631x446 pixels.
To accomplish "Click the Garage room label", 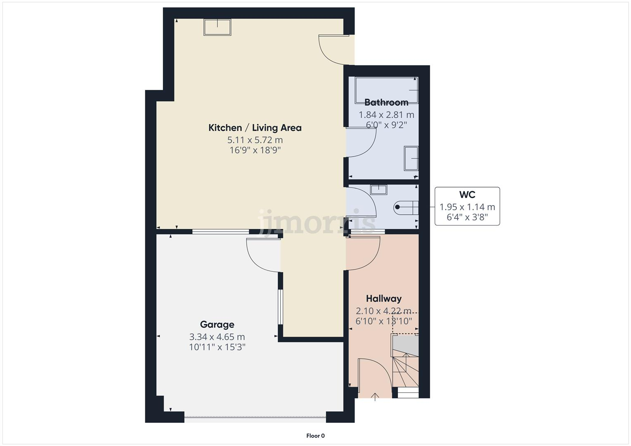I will click(x=217, y=325).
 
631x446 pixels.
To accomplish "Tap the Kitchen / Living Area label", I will click(x=255, y=128).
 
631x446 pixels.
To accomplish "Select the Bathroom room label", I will click(x=386, y=102).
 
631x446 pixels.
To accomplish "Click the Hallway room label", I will click(x=383, y=299).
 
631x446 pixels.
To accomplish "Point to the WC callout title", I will click(x=467, y=195).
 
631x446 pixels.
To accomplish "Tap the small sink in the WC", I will click(x=378, y=190).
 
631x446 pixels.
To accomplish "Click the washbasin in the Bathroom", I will click(x=411, y=158).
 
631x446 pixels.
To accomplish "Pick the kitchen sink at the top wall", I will click(x=217, y=27).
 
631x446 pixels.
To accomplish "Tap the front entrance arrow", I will click(x=375, y=397).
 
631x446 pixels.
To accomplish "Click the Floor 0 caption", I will click(x=315, y=436).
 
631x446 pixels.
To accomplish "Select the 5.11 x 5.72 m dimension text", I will click(x=255, y=140).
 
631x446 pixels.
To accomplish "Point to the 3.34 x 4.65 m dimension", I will click(x=217, y=337).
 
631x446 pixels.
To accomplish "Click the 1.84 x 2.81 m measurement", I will click(x=386, y=115).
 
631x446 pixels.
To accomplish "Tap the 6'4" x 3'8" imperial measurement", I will click(x=467, y=217).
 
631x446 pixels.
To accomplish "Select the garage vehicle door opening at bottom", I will click(x=255, y=419).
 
